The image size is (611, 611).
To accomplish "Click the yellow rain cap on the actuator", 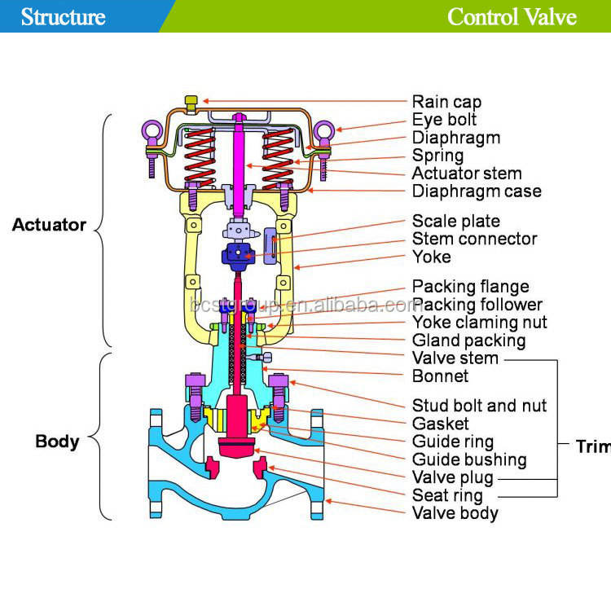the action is [x=191, y=103].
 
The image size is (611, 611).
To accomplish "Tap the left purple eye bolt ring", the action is [x=151, y=130].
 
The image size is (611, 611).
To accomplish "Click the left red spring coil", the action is [x=200, y=157].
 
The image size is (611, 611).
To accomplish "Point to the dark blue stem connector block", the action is [x=238, y=256].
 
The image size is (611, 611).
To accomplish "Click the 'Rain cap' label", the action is [x=446, y=103].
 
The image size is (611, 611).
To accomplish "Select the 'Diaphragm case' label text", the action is [x=477, y=191].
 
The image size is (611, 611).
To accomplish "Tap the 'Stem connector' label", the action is [x=475, y=239].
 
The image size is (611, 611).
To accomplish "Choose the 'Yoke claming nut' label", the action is [x=480, y=323].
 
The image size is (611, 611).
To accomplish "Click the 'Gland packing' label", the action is [x=468, y=341].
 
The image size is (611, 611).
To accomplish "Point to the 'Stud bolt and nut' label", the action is [x=479, y=406].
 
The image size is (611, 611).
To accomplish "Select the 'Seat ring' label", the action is [x=447, y=495].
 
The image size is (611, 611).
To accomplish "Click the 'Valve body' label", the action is [x=455, y=513].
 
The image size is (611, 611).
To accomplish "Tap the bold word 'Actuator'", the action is [x=49, y=225].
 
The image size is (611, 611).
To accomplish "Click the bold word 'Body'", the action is [x=57, y=442].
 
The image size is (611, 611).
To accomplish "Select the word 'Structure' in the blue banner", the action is [x=63, y=17].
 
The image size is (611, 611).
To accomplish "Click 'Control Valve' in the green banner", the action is [x=512, y=17].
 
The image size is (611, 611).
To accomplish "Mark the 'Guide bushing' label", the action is [x=469, y=459].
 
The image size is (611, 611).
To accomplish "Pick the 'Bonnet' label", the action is [x=440, y=376].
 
